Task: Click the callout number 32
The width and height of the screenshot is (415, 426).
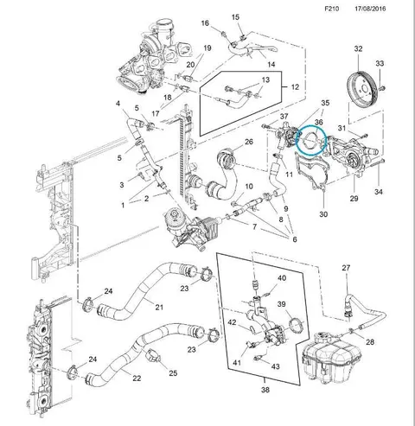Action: [x=358, y=48]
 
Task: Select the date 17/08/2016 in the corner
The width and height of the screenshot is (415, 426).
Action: [x=370, y=9]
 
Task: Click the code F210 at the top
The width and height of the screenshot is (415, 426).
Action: [x=332, y=9]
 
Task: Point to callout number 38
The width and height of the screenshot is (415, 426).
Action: [x=265, y=390]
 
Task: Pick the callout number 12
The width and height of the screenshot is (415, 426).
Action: [x=295, y=86]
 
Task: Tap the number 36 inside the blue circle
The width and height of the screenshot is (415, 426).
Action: [x=318, y=122]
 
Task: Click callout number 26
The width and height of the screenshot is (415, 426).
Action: [x=249, y=142]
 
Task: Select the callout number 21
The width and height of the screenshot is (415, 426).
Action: [x=159, y=308]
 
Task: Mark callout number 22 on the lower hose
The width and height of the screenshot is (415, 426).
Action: [x=137, y=378]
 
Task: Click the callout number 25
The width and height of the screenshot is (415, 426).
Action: [x=173, y=373]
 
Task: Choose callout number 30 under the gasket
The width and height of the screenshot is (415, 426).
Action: [x=323, y=214]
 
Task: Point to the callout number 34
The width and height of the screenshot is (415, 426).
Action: [x=379, y=191]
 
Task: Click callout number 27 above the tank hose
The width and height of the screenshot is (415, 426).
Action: [x=346, y=268]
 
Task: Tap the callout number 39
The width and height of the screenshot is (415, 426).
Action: [x=282, y=304]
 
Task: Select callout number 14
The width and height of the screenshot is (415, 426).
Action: [x=271, y=64]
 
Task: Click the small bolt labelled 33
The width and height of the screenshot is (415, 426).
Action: [x=382, y=87]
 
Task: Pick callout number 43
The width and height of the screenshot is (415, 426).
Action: [x=276, y=366]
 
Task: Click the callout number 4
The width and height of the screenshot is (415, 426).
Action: [x=118, y=103]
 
